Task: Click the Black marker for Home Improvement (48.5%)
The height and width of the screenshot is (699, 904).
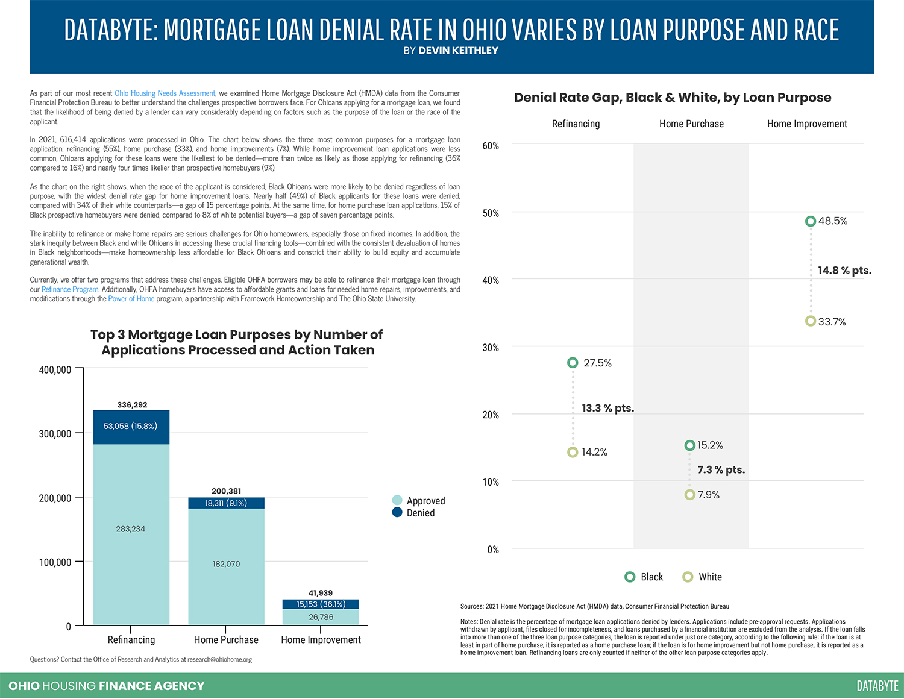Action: (x=811, y=221)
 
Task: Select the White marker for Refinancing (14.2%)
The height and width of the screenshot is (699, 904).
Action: (x=573, y=452)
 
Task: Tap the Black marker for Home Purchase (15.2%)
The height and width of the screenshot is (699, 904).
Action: (x=689, y=445)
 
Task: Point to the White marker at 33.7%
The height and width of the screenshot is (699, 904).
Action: (x=811, y=321)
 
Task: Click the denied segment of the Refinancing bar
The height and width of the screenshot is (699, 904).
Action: (x=131, y=427)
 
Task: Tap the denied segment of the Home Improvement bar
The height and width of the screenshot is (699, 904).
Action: (x=321, y=604)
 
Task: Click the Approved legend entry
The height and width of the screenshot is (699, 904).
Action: (x=419, y=500)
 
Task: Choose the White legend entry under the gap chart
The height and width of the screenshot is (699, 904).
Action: (x=702, y=577)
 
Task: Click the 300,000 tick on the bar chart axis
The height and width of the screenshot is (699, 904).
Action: (x=55, y=434)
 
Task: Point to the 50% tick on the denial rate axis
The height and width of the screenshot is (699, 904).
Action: (x=491, y=213)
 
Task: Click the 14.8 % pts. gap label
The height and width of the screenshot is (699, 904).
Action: (x=844, y=271)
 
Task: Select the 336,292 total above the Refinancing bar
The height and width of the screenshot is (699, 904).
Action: (x=132, y=405)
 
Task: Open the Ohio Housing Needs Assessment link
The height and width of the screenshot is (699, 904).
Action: (x=165, y=93)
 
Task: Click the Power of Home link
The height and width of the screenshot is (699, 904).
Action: (x=131, y=299)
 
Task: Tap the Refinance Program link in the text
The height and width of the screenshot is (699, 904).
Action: (x=69, y=289)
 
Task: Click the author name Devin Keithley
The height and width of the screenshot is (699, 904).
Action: (x=458, y=51)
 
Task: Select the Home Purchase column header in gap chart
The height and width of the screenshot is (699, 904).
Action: (x=691, y=124)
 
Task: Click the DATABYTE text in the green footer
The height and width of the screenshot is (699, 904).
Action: (x=877, y=686)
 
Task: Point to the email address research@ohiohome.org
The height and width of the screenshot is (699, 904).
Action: (x=219, y=659)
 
